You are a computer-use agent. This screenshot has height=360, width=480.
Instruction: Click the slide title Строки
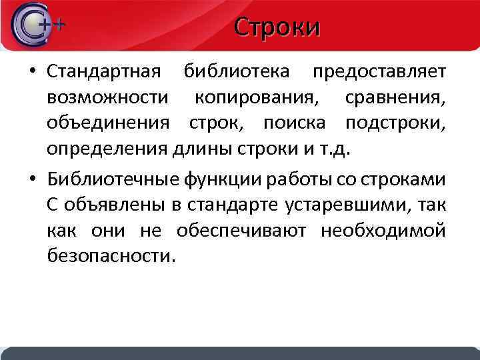pyautogui.click(x=277, y=27)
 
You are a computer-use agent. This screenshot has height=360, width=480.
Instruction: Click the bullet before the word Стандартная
pyautogui.click(x=32, y=71)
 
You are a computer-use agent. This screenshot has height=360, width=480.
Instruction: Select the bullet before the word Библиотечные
pyautogui.click(x=32, y=180)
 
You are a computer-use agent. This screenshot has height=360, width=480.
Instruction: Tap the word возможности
pyautogui.click(x=107, y=97)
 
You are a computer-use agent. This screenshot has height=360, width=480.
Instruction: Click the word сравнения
pyautogui.click(x=396, y=97)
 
